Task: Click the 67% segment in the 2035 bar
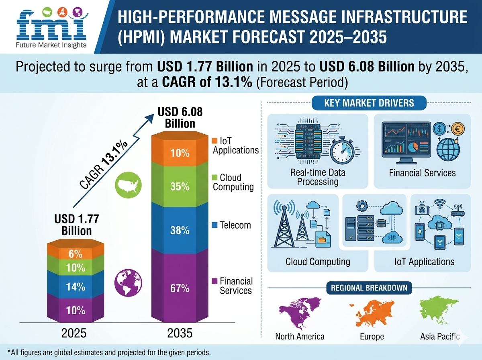[180, 288]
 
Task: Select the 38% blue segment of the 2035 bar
[180, 231]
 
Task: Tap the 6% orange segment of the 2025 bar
[76, 254]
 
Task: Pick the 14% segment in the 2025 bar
[76, 287]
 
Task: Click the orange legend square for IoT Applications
[214, 141]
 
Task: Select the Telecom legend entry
[231, 225]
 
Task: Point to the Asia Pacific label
[440, 336]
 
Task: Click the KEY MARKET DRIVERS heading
[369, 103]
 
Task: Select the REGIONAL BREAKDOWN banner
[369, 288]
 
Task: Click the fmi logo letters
[51, 26]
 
